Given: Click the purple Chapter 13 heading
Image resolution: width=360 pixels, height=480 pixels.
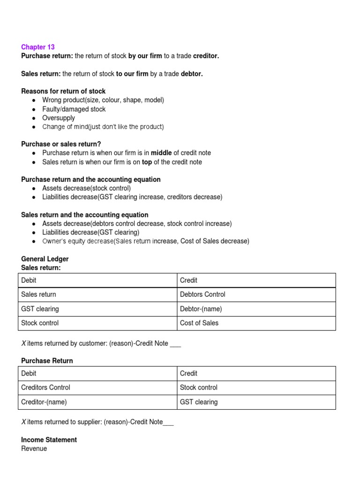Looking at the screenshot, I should [x=38, y=47].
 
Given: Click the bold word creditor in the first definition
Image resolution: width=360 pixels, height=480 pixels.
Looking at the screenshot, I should [x=206, y=56].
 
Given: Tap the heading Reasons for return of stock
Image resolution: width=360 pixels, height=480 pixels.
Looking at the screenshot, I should [x=63, y=91].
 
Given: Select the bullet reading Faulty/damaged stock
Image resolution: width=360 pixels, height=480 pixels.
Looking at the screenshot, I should [x=74, y=109].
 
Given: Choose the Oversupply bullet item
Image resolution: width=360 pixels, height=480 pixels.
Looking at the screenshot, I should [x=59, y=118].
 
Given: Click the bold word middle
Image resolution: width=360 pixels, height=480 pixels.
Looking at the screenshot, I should [x=161, y=153].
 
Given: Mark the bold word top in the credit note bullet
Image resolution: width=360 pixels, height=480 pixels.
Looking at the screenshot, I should [x=147, y=162].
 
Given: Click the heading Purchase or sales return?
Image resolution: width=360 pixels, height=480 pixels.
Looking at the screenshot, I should [x=61, y=144].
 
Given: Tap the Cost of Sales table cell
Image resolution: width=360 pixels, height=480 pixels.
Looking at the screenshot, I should [x=199, y=323].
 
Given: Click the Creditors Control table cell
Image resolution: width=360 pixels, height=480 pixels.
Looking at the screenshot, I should [x=46, y=388].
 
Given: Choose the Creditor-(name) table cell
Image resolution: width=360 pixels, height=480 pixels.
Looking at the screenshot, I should [x=47, y=402].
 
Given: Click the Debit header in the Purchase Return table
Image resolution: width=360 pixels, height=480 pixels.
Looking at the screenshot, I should [x=29, y=374].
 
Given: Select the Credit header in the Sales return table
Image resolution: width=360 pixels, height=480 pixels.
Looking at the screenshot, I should [x=188, y=280].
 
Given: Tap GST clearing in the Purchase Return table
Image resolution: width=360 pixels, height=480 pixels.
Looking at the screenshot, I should [x=199, y=402].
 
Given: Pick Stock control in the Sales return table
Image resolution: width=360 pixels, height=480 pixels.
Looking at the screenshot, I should [x=40, y=323].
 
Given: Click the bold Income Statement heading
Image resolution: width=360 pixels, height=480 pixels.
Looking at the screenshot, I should [x=49, y=440].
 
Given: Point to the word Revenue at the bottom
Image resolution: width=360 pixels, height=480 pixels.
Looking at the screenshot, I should [x=34, y=449].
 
